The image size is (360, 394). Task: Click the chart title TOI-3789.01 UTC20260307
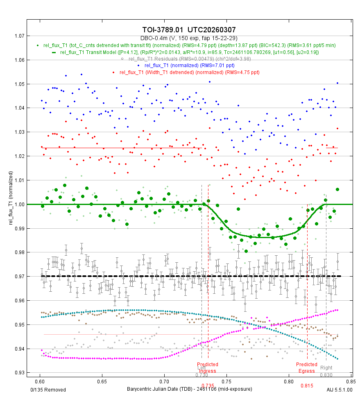tap(189, 30)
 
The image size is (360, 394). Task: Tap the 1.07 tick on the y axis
tap(18, 36)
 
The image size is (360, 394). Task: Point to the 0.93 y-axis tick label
tap(18, 373)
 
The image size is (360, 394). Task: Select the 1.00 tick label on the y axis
tap(18, 204)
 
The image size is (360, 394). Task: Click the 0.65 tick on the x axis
tap(102, 379)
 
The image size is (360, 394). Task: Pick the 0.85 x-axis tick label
tap(350, 379)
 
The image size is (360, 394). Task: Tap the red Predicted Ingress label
tap(208, 367)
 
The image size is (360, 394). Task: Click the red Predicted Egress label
tap(307, 367)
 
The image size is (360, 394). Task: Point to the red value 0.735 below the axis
tap(208, 385)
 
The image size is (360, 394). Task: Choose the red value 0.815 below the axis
tap(307, 385)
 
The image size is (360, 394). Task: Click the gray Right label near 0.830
tap(326, 368)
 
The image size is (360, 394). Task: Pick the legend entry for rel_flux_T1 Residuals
tap(189, 59)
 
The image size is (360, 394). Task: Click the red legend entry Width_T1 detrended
tap(189, 72)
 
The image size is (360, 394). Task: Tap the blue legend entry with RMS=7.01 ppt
tap(189, 65)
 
